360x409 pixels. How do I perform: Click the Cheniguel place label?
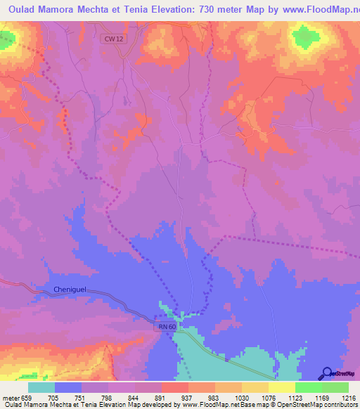click(69, 290)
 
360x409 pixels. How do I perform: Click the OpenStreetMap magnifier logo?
click(326, 373)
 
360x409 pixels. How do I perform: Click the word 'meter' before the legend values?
click(10, 398)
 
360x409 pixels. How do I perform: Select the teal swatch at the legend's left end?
click(41, 387)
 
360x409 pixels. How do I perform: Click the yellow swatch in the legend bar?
click(281, 387)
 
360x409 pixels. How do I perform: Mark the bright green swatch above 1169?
click(308, 387)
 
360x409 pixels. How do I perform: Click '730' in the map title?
click(219, 11)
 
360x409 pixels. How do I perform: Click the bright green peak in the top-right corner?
click(304, 37)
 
